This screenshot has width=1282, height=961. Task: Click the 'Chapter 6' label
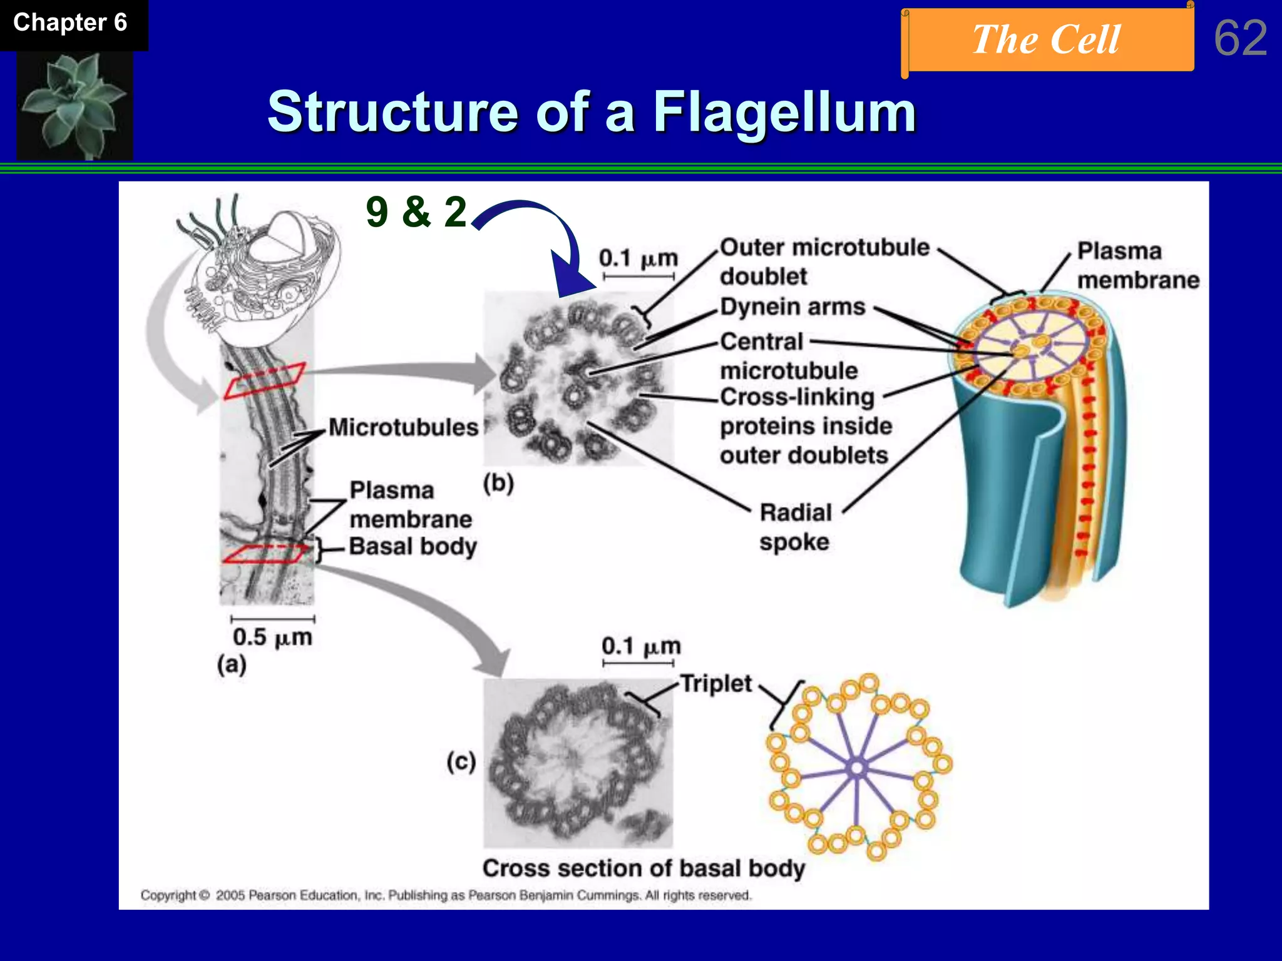click(x=70, y=23)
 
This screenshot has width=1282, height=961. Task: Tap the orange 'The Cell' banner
click(x=1047, y=40)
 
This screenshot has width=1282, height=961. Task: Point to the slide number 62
click(x=1240, y=38)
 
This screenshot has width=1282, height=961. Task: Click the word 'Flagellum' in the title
click(x=784, y=113)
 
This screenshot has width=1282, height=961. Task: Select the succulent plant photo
click(x=74, y=104)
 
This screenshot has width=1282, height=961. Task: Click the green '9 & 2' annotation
click(x=416, y=212)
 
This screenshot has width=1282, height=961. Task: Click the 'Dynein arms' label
click(x=792, y=307)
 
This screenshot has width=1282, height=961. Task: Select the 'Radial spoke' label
click(x=795, y=527)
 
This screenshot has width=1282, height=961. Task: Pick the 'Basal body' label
click(x=413, y=546)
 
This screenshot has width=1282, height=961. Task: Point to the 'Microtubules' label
click(x=403, y=427)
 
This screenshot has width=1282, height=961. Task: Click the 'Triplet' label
click(x=715, y=683)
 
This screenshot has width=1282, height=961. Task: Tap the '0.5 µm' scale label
click(x=272, y=638)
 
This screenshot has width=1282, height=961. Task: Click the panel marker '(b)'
click(x=498, y=483)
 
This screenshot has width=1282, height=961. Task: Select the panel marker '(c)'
click(x=461, y=761)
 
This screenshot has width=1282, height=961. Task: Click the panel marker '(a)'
click(x=232, y=664)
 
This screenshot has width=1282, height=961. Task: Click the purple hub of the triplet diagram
click(x=856, y=768)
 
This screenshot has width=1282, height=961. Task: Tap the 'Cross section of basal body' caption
click(x=644, y=868)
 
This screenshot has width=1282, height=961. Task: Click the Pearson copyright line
click(x=445, y=895)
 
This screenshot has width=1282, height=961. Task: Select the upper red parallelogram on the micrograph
click(x=265, y=380)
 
